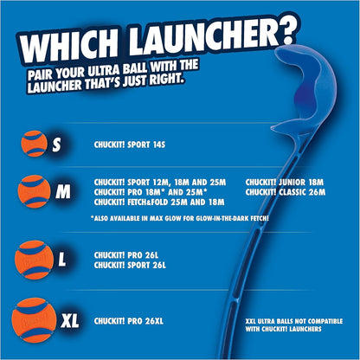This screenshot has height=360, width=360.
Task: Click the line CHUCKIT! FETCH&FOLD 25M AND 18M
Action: pos(157,201)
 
